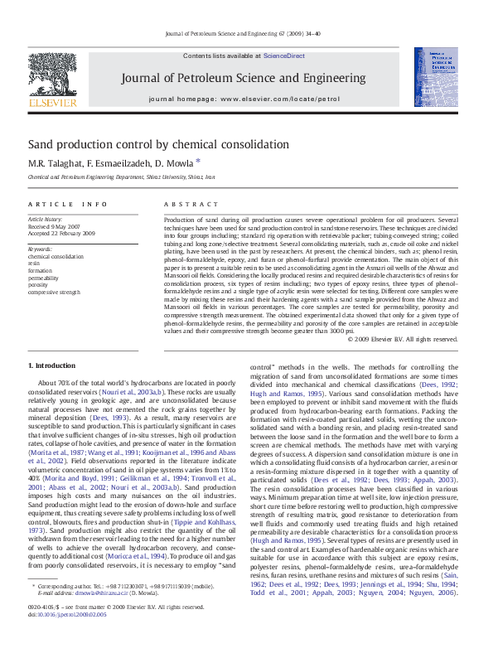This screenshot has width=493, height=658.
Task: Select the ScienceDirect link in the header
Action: click(x=284, y=56)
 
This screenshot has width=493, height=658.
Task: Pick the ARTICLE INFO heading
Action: click(x=68, y=204)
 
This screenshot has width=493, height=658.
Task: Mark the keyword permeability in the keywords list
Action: click(x=45, y=278)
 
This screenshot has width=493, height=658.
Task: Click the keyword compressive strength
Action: click(x=55, y=292)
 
